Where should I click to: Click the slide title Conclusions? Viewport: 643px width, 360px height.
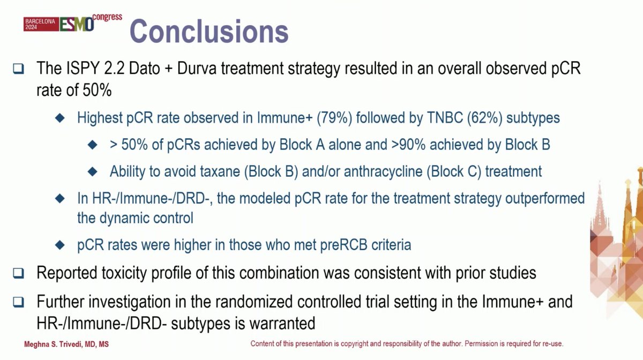coord(209,31)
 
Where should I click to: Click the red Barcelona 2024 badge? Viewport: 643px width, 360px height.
coord(40,24)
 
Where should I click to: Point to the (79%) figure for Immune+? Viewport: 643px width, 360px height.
coord(335,117)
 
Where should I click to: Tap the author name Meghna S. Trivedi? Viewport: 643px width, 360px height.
coord(66,344)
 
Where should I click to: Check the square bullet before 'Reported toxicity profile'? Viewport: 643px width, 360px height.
coord(19,273)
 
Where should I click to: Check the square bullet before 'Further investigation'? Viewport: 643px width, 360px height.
coord(19,302)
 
